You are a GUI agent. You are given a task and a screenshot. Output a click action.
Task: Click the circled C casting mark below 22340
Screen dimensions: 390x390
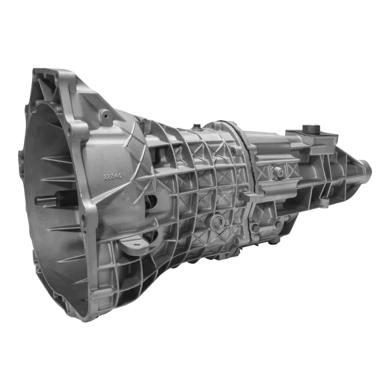pyautogui.click(x=125, y=195)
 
